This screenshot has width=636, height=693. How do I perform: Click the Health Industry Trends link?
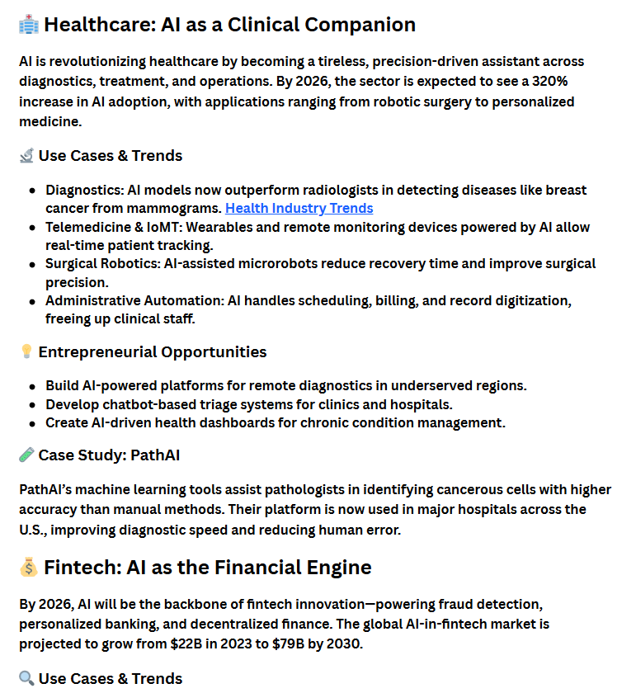299,208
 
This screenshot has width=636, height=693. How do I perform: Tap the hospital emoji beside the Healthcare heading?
28,25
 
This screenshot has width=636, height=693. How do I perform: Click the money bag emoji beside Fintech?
28,568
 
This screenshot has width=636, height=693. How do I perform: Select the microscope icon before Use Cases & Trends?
26,155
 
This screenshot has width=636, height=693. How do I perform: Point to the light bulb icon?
26,352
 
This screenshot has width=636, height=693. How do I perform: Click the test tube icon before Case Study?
26,455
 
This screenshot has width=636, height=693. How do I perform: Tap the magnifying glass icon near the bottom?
26,678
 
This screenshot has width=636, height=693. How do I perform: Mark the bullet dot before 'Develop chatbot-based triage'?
32,405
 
